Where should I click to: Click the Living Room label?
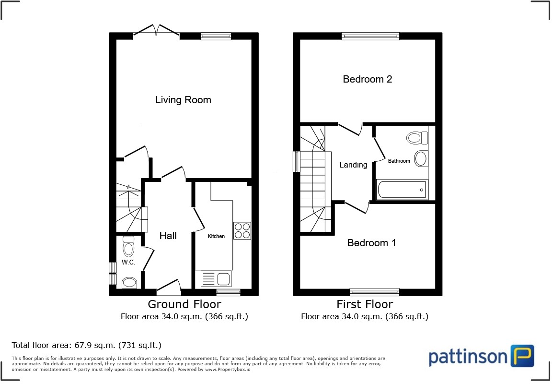(183, 100)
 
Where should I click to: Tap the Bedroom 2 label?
(367, 79)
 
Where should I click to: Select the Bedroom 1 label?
(371, 243)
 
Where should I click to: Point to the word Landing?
(353, 165)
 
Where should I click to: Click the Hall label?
(168, 236)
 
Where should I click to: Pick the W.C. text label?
(128, 262)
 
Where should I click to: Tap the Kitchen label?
(216, 236)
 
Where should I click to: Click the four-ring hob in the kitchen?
(242, 231)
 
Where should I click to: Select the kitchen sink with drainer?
(216, 279)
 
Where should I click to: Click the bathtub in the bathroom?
(402, 190)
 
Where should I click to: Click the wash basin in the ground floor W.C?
(129, 283)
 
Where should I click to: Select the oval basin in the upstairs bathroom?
(421, 158)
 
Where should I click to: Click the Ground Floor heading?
(184, 304)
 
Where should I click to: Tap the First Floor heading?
(364, 304)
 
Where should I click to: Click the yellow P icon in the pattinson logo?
(522, 356)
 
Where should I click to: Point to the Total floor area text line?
(86, 345)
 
